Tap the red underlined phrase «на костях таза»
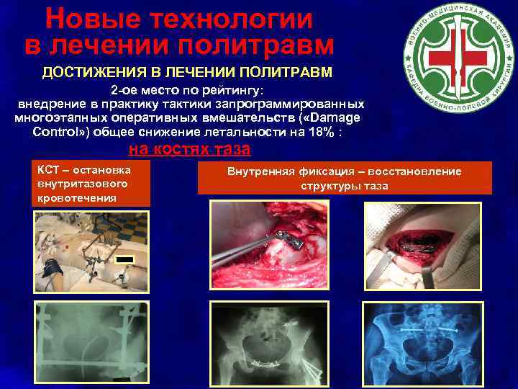point(189,150)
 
